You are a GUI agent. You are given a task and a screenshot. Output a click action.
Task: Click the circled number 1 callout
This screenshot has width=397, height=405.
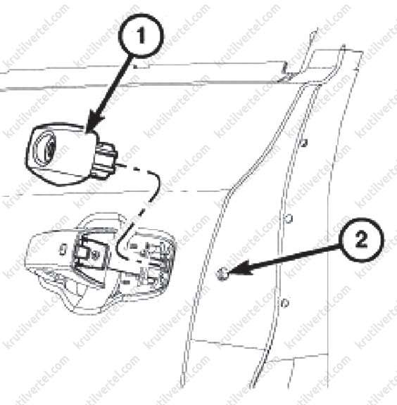click(141, 36)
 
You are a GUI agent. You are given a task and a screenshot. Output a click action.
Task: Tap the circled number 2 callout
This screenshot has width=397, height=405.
click(362, 240)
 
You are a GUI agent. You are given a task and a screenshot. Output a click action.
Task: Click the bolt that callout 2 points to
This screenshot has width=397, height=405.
click(222, 274)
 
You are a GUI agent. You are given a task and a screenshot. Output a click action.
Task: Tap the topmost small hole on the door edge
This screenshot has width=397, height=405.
click(304, 143)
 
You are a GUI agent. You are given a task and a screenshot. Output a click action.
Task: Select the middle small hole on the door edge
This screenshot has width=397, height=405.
click(289, 219)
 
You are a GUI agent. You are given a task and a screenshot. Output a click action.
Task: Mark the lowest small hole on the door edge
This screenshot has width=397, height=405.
click(285, 302)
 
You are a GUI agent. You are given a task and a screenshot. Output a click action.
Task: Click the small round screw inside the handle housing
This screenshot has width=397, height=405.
click(96, 255)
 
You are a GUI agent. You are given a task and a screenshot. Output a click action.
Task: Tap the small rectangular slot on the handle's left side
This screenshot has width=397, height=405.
click(63, 250)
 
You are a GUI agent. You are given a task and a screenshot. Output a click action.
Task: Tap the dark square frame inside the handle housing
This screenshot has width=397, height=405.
click(91, 249)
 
